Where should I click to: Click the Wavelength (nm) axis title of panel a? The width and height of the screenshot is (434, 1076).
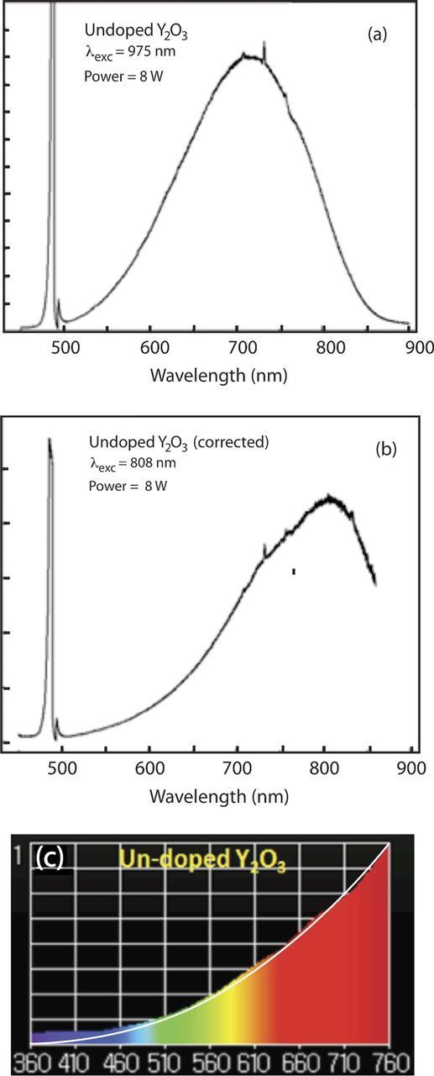(219, 376)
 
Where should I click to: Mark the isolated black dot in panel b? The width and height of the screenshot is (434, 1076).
(294, 572)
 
